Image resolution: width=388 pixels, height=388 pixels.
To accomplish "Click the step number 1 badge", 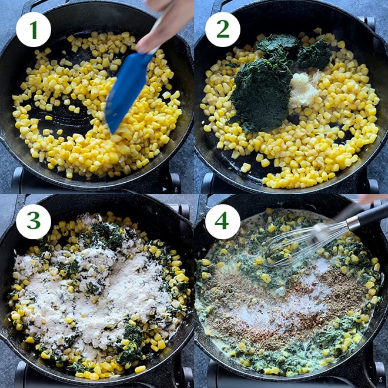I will pos(33,29).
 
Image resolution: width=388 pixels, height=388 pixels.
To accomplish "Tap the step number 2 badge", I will pos(222,29).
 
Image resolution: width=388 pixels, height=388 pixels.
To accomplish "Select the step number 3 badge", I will pos(33,222).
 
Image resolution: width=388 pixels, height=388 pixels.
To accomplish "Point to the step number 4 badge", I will pos(222,222).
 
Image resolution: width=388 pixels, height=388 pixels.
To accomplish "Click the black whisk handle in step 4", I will pos(367,216).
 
